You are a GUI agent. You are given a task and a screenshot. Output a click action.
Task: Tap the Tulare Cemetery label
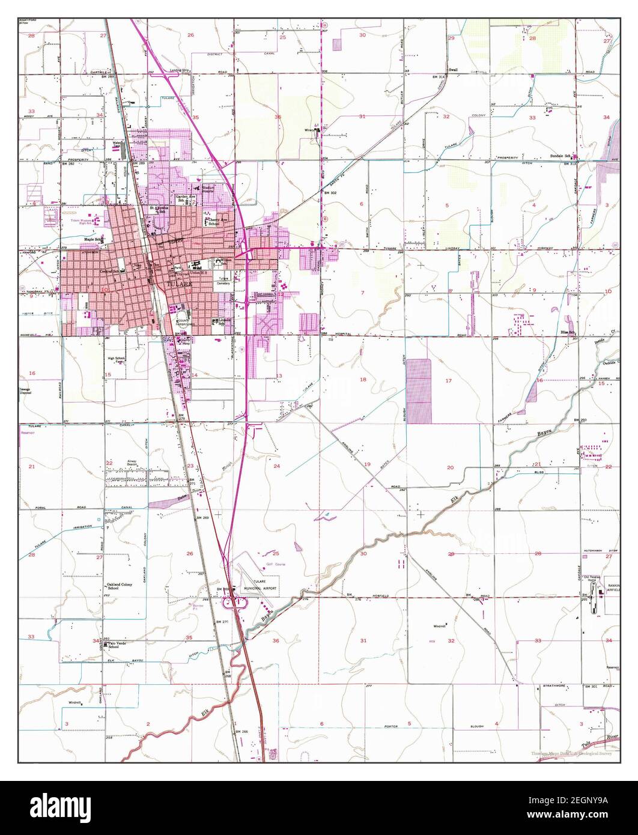[x=223, y=281]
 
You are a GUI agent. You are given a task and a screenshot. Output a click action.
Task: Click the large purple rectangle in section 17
[x=419, y=390]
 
